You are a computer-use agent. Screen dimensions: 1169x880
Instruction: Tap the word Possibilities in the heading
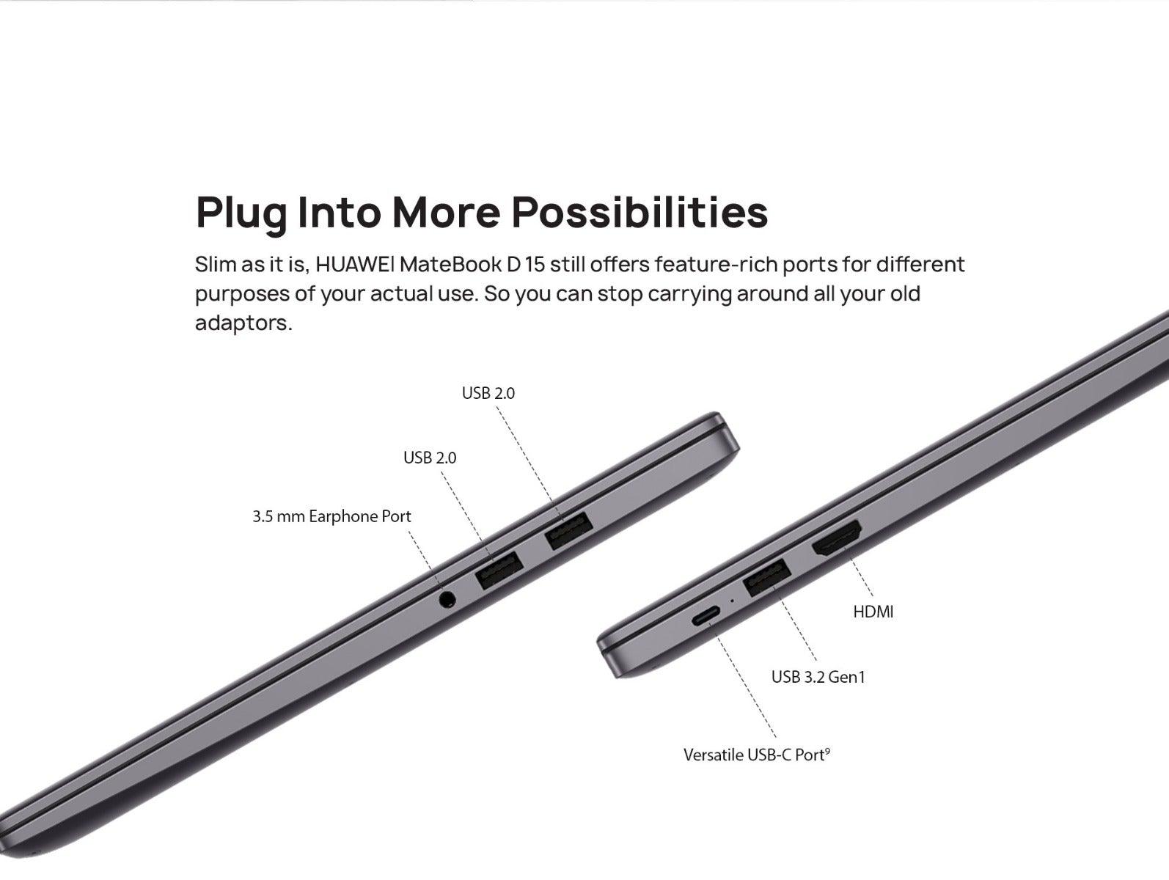(x=640, y=211)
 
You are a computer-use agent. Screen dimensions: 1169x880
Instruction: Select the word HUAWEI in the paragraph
(x=354, y=264)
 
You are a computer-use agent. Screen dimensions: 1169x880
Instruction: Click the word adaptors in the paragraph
(x=244, y=323)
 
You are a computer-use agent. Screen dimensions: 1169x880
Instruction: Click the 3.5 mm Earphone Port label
(x=331, y=516)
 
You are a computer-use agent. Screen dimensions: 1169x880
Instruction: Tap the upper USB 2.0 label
(x=488, y=393)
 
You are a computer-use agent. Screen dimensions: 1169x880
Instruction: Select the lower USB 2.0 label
(x=430, y=458)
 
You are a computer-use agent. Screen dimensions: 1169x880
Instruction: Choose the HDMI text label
(x=873, y=612)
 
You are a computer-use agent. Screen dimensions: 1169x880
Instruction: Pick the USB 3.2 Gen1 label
(x=818, y=677)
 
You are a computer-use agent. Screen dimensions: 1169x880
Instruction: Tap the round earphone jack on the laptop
(x=447, y=599)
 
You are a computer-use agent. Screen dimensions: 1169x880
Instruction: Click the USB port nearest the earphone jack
(x=499, y=571)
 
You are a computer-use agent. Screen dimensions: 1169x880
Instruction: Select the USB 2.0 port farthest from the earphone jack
(x=569, y=530)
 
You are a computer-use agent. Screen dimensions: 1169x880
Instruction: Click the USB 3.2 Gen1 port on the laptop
(x=767, y=578)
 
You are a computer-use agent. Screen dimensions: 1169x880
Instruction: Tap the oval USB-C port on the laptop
(x=706, y=617)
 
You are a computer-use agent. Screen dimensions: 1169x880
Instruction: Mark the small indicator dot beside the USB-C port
(x=733, y=601)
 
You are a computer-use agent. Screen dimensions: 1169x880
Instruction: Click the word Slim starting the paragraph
(x=215, y=264)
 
